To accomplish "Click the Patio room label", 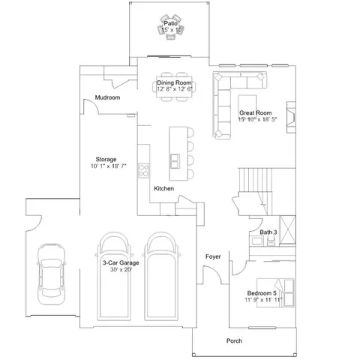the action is (x=171, y=23).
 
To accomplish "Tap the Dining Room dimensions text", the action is (x=175, y=89).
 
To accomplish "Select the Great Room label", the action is (x=256, y=112).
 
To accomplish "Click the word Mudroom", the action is (x=107, y=97).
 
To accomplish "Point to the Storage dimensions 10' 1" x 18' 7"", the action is (x=109, y=166).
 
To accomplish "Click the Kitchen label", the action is (x=164, y=188).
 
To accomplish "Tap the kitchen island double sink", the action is (x=175, y=160).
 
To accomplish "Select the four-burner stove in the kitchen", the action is (x=144, y=170).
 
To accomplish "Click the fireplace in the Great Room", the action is (x=291, y=117).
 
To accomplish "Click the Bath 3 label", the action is (x=268, y=232).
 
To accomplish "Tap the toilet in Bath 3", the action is (x=271, y=241).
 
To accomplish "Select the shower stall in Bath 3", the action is (x=287, y=230).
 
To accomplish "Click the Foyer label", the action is (x=213, y=256).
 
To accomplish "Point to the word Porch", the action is (x=234, y=341).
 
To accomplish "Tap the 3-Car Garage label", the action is (x=121, y=262).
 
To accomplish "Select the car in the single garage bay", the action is (x=51, y=274).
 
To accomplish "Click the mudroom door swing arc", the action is (x=93, y=103).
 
